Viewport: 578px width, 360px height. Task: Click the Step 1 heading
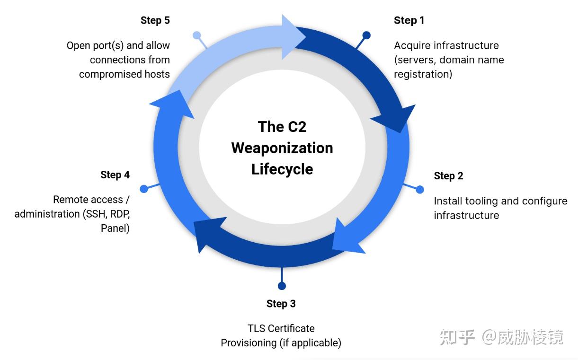pos(409,20)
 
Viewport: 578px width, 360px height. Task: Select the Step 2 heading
pos(448,176)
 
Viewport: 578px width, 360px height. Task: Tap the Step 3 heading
pos(281,304)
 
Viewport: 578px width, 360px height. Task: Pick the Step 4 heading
pos(115,175)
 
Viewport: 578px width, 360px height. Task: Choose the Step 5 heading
pos(155,20)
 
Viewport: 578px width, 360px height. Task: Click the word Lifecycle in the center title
pos(282,169)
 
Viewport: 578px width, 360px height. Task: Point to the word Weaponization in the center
pos(282,148)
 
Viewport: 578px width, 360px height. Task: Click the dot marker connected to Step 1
pos(366,35)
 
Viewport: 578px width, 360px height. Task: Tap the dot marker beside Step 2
pos(420,189)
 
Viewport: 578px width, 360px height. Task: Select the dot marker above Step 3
pos(282,286)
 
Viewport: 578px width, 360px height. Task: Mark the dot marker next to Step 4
pos(144,189)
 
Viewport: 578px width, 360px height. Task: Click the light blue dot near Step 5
pos(197,35)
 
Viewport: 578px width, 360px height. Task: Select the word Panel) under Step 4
pos(115,228)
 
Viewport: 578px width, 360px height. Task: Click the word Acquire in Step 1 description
pos(412,46)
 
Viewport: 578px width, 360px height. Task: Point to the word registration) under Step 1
pos(423,74)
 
